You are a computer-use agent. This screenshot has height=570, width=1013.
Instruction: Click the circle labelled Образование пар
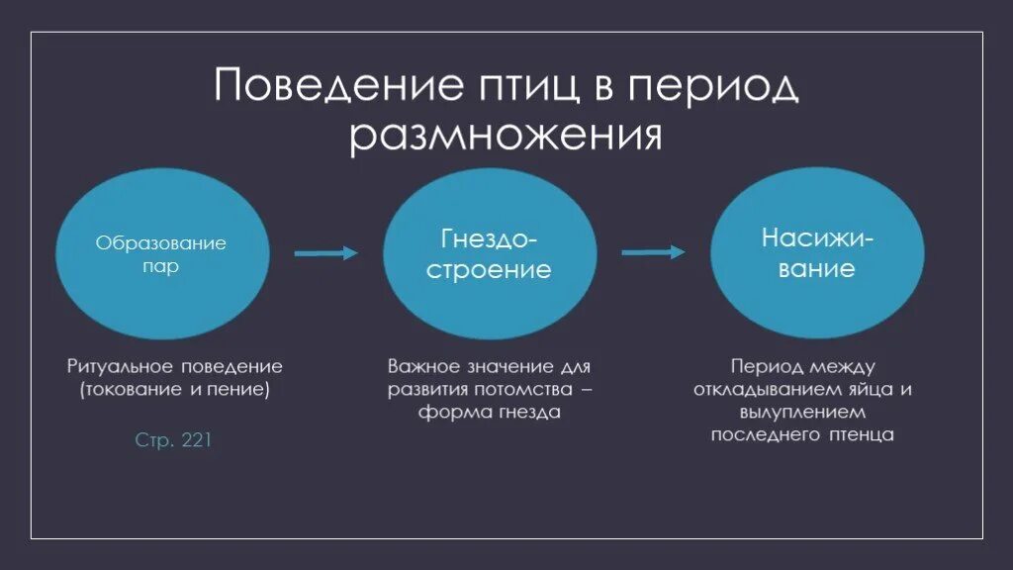click(161, 255)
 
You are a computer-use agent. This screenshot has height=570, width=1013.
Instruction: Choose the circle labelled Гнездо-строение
click(489, 255)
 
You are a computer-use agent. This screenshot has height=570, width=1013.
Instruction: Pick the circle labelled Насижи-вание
click(817, 253)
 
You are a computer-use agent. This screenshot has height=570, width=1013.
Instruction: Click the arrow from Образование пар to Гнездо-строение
click(325, 253)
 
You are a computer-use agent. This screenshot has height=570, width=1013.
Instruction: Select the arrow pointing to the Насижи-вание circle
click(653, 252)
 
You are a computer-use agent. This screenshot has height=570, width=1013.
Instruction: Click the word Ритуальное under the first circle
click(120, 366)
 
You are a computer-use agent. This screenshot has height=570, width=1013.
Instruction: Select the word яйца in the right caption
click(874, 389)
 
